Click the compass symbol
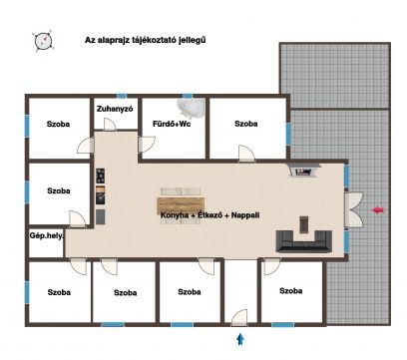(x=43, y=41)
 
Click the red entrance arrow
(x=377, y=210)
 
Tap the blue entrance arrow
(x=240, y=339)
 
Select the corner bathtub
(x=192, y=108)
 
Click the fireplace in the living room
(x=304, y=171)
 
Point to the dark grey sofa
(x=304, y=241)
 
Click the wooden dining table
(x=181, y=204)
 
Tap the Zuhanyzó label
(x=115, y=109)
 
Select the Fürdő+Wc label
(x=172, y=124)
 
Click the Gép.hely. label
(x=47, y=235)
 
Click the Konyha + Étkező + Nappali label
(x=210, y=215)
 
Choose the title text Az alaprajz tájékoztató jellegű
(x=146, y=40)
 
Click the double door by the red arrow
(x=354, y=210)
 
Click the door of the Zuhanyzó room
(x=110, y=125)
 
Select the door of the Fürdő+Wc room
(x=147, y=145)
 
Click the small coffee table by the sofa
(x=304, y=224)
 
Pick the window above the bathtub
(x=188, y=96)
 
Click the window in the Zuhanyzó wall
(x=122, y=96)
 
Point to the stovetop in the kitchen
(x=101, y=176)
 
